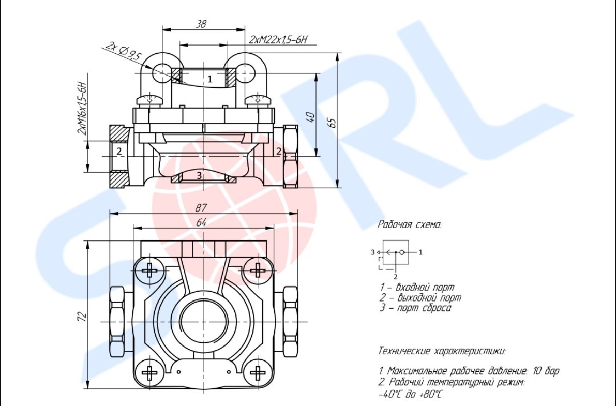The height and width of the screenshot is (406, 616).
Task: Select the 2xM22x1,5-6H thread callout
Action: coord(278,40)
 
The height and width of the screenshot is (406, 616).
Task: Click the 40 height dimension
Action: coord(310,117)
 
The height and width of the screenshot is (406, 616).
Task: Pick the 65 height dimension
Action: coord(333,122)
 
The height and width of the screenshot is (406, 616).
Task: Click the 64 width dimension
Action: coord(201,222)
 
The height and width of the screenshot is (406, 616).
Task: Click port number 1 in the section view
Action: coord(210,79)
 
